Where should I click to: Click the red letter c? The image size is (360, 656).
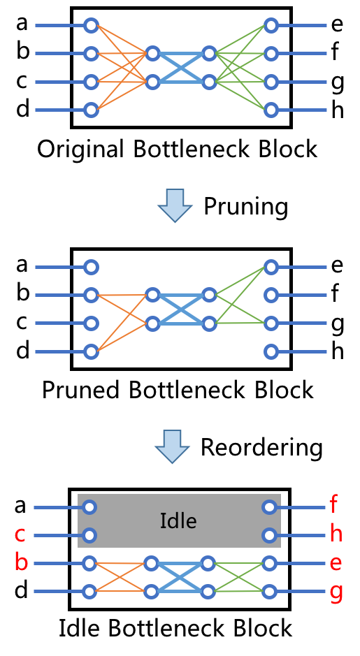pos(20,535)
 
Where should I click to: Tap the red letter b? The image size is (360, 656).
pos(21,562)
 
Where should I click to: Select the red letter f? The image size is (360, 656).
pos(333,504)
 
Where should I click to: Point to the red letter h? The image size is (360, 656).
pos(336,534)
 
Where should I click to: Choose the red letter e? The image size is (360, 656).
pos(336,563)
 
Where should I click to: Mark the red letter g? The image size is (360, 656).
pos(336,591)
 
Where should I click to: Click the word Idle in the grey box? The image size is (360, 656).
pos(178,521)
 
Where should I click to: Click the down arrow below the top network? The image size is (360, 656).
pos(175,205)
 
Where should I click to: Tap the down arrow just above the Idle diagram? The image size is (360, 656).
pos(172,446)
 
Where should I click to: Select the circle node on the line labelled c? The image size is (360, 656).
pos(89,536)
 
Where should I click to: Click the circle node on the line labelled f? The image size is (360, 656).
pos(270,507)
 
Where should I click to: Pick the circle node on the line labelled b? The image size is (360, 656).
pos(89,563)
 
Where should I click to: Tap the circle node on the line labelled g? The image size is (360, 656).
pos(270,591)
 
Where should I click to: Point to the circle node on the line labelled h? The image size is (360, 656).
pos(270,535)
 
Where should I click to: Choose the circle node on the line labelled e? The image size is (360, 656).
pos(270,563)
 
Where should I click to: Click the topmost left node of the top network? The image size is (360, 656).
pos(91,26)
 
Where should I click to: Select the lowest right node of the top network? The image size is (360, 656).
pos(271,110)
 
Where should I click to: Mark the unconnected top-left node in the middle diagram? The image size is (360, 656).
pos(91,267)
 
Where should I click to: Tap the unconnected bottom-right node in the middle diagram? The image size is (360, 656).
pos(271,351)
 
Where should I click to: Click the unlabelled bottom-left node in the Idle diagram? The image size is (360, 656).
pos(89,592)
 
